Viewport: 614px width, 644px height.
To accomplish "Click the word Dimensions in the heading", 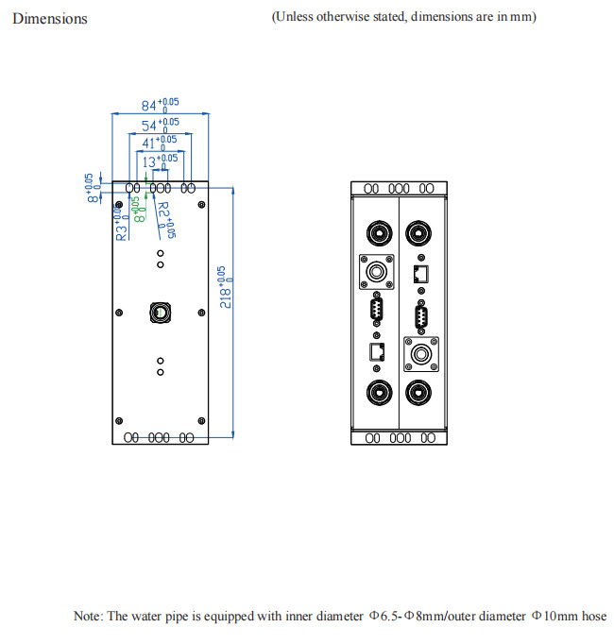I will pos(50,18).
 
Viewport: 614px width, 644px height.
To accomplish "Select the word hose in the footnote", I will pos(594,617).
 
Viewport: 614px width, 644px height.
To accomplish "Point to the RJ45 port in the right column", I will pos(420,274).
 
